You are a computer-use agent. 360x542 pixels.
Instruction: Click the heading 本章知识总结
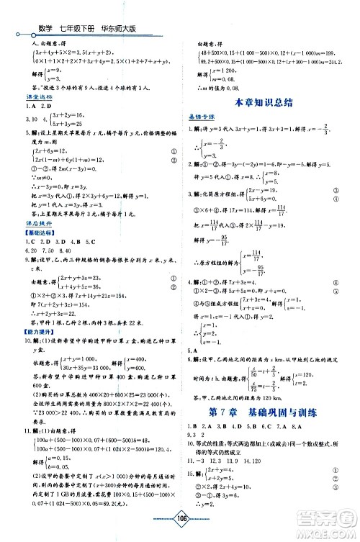[266, 103]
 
